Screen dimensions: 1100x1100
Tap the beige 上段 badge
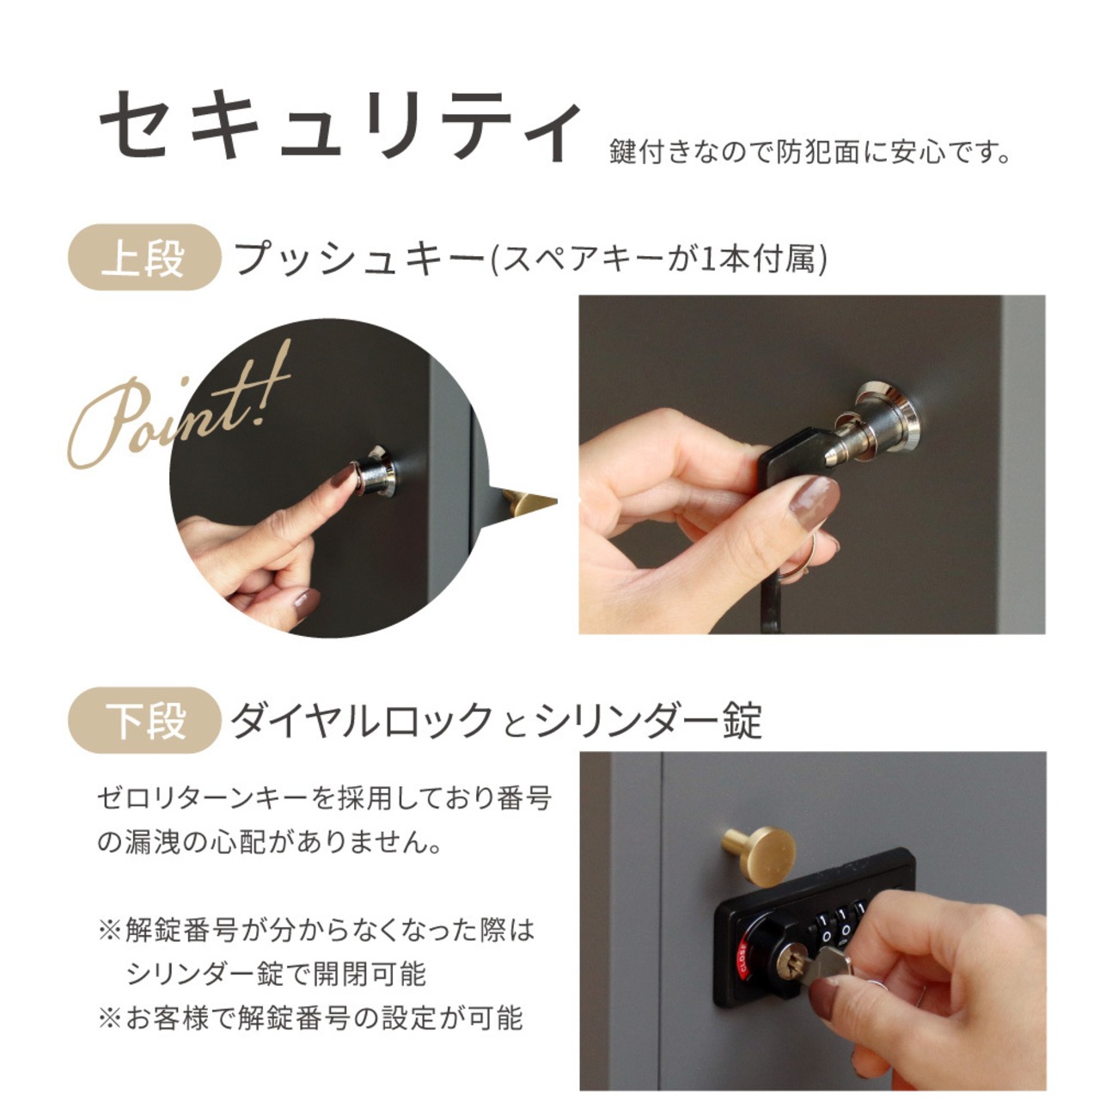pos(144,257)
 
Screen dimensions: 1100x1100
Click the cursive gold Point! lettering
pos(180,408)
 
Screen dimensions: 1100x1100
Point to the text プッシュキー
pos(359,258)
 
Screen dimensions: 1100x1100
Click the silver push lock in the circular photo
pos(374,471)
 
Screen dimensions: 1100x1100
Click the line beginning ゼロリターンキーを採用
pos(324,797)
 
